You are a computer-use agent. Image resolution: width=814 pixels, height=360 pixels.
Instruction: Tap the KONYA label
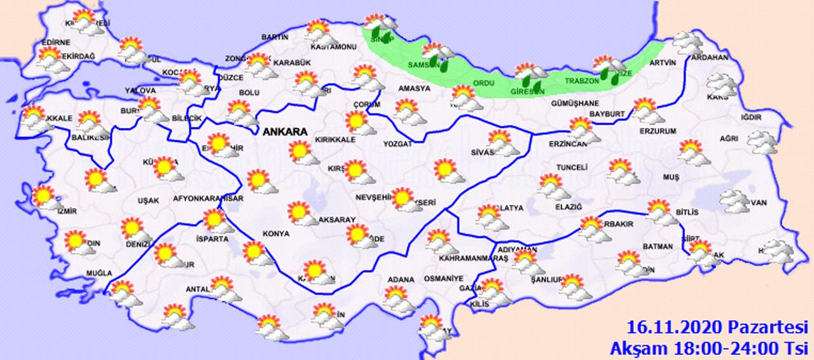(x=275, y=233)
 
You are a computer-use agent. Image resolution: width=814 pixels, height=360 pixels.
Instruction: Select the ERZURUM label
(x=658, y=131)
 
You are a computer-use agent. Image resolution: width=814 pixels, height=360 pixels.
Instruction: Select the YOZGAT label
(x=398, y=144)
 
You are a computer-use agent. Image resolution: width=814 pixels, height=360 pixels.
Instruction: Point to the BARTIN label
(x=275, y=37)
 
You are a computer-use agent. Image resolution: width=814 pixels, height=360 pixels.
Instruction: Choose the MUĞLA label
(x=99, y=273)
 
